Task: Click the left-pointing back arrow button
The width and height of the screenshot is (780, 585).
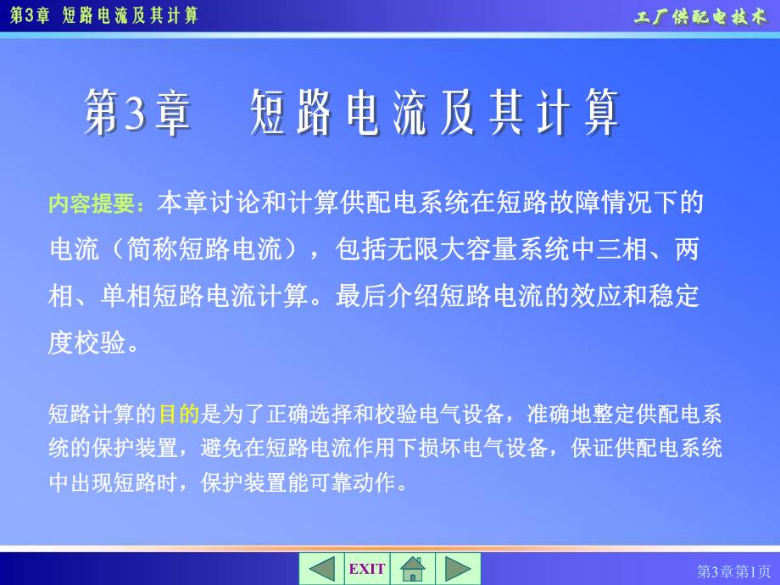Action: pyautogui.click(x=321, y=569)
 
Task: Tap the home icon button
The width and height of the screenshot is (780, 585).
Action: pyautogui.click(x=413, y=569)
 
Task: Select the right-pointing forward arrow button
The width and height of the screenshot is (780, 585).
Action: pyautogui.click(x=458, y=569)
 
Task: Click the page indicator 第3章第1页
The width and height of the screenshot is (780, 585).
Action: pyautogui.click(x=734, y=571)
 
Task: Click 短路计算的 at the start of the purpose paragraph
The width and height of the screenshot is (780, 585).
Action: pyautogui.click(x=103, y=415)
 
